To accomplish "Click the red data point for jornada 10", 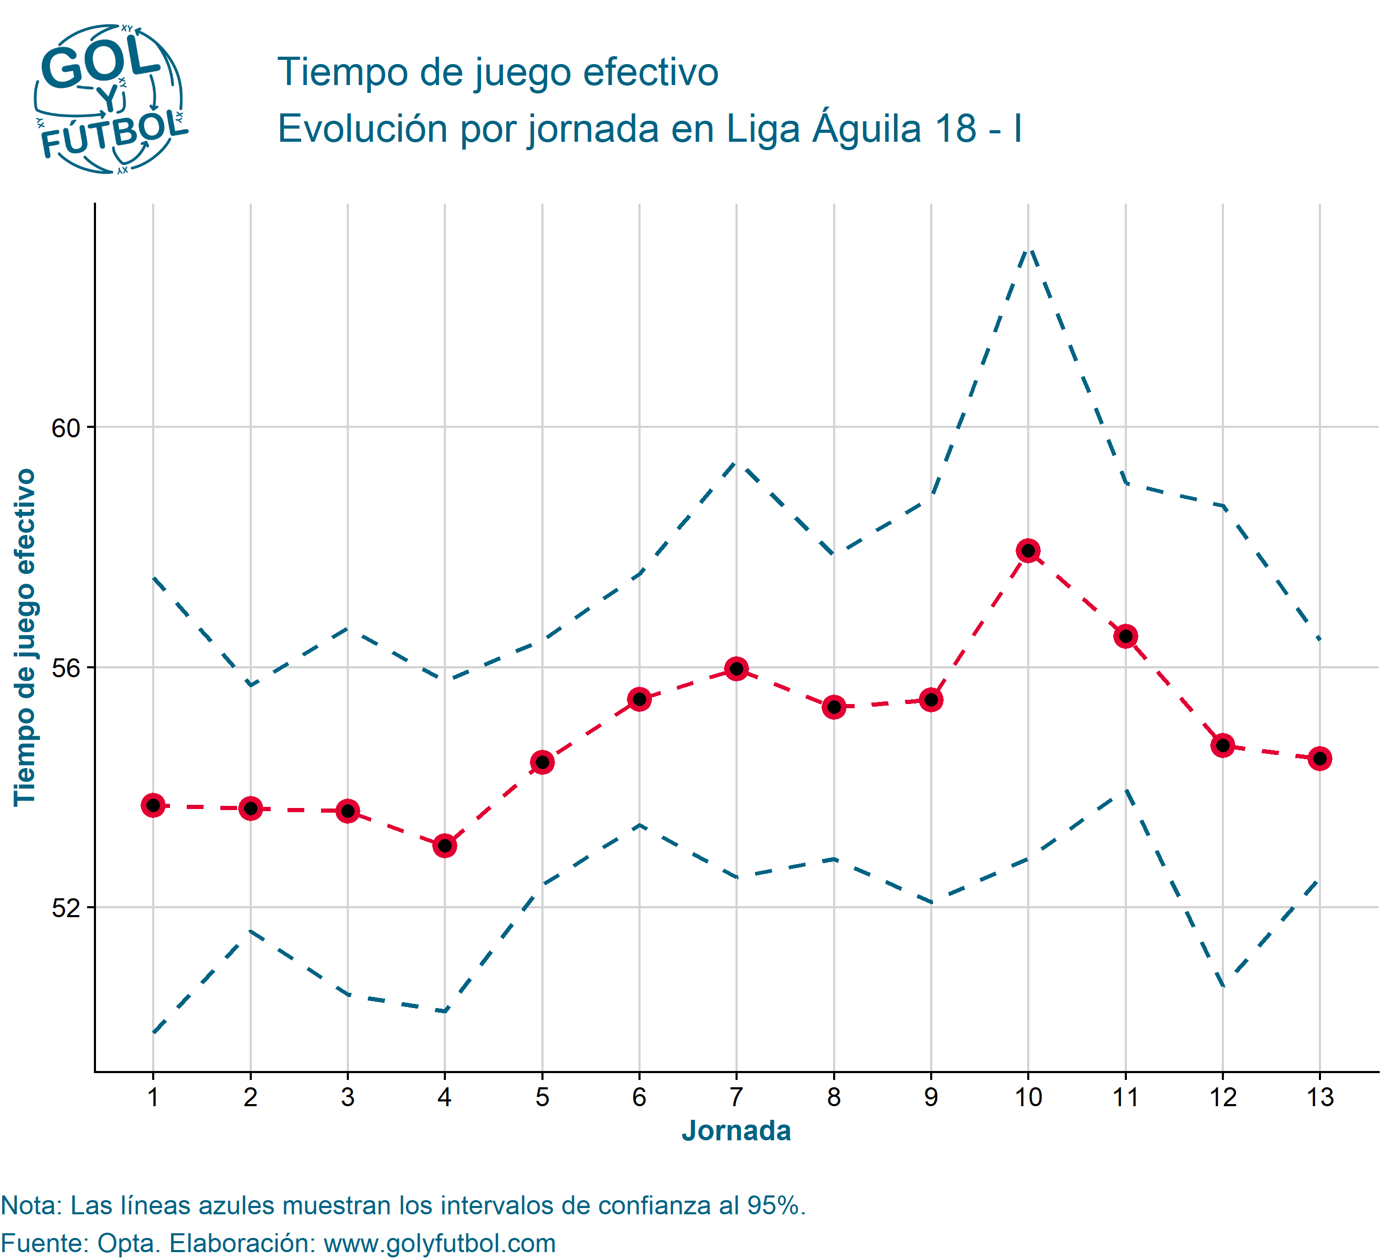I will click(x=1028, y=551).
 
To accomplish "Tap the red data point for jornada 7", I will click(x=737, y=669).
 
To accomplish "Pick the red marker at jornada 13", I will click(x=1320, y=759).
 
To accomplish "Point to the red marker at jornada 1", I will click(x=153, y=806).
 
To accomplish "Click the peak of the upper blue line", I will click(x=1028, y=249).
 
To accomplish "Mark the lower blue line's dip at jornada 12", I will click(x=1223, y=985).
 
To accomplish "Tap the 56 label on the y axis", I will click(x=66, y=668).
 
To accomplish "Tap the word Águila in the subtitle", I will click(x=866, y=129).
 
